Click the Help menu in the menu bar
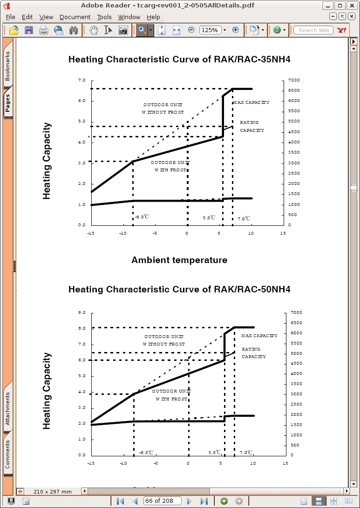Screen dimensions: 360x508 pyautogui.click(x=153, y=17)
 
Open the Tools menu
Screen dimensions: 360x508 pyautogui.click(x=104, y=17)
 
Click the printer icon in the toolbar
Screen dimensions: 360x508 pyautogui.click(x=44, y=30)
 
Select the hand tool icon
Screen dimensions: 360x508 pyautogui.click(x=94, y=30)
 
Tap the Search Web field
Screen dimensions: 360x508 pyautogui.click(x=313, y=30)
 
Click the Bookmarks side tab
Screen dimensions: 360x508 pyautogui.click(x=7, y=66)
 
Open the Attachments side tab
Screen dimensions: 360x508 pyautogui.click(x=7, y=409)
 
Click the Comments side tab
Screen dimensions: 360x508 pyautogui.click(x=7, y=454)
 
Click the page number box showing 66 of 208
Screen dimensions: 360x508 pyautogui.click(x=163, y=501)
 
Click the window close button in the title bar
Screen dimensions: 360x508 pyautogui.click(x=352, y=6)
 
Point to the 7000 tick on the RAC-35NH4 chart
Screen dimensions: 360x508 pyautogui.click(x=295, y=80)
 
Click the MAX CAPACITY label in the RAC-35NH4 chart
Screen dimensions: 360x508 pyautogui.click(x=251, y=102)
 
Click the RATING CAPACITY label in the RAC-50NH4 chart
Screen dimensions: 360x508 pyautogui.click(x=254, y=353)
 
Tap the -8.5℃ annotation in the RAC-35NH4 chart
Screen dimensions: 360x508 pyautogui.click(x=142, y=217)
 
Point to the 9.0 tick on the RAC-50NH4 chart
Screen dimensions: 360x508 pyautogui.click(x=82, y=312)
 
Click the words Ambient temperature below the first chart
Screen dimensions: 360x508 pyautogui.click(x=179, y=260)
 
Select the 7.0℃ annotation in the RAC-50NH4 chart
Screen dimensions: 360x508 pyautogui.click(x=246, y=453)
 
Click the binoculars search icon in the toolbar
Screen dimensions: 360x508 pyautogui.click(x=74, y=30)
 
